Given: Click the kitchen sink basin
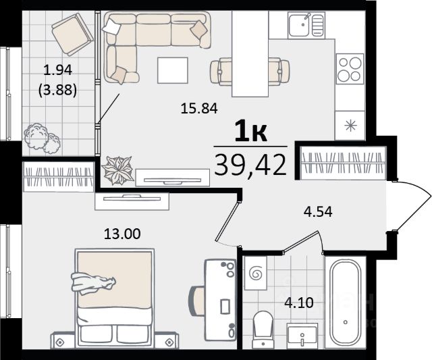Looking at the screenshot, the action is pos(298,25).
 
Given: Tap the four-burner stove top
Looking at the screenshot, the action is pos(350,69).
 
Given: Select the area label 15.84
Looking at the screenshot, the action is pos(199,108).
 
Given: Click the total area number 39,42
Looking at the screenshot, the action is pos(250,165).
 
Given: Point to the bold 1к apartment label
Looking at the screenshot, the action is pos(250,132).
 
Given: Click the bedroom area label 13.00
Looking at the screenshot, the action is pos(122,234).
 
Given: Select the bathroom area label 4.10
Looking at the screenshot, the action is pos(299,303).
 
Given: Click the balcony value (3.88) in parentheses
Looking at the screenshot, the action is pos(57,90).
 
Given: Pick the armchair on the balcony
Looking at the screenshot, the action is pos(72,34).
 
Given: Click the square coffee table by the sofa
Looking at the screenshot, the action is pos(173,70).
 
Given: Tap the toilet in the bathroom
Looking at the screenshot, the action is pos(263,329).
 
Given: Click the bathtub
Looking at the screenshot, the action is pos(345,303).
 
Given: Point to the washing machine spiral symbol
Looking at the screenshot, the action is pos(255,274).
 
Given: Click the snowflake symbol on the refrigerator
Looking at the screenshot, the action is pos(351,126).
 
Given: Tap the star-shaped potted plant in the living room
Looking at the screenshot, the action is pos(117,170).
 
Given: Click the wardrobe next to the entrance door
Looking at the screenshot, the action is pos(343,163).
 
